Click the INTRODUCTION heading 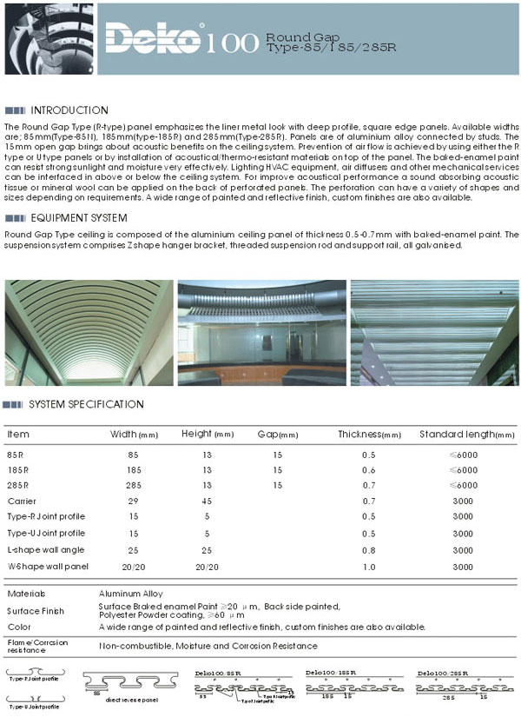pyautogui.click(x=69, y=110)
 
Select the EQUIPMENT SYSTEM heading pyautogui.click(x=78, y=218)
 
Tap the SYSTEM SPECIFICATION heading pyautogui.click(x=86, y=404)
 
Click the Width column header pyautogui.click(x=133, y=434)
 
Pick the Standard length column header pyautogui.click(x=466, y=434)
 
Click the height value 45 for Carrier pyautogui.click(x=207, y=501)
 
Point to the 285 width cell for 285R pyautogui.click(x=133, y=485)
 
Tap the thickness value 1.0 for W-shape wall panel pyautogui.click(x=369, y=566)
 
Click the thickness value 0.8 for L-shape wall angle pyautogui.click(x=369, y=550)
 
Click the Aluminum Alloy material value pyautogui.click(x=130, y=594)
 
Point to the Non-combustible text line pyautogui.click(x=208, y=646)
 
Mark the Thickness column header pyautogui.click(x=369, y=434)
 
